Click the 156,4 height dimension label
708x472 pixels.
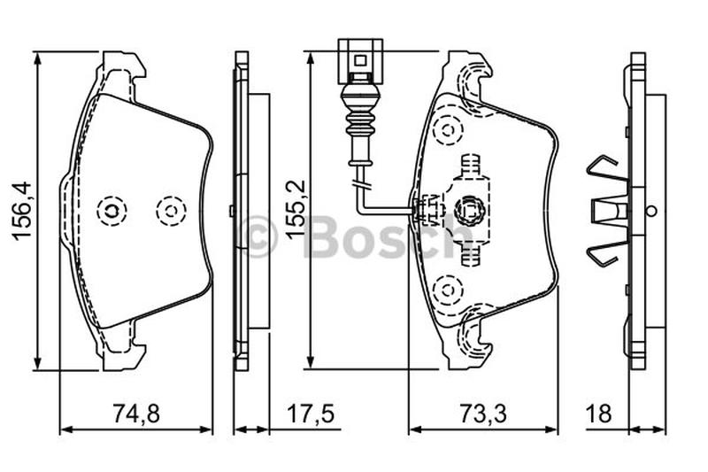[x=21, y=211]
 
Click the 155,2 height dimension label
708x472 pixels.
[x=296, y=209]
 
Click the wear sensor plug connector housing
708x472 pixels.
[x=360, y=61]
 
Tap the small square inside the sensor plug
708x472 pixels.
[x=360, y=60]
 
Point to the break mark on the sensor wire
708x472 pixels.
[x=361, y=185]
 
